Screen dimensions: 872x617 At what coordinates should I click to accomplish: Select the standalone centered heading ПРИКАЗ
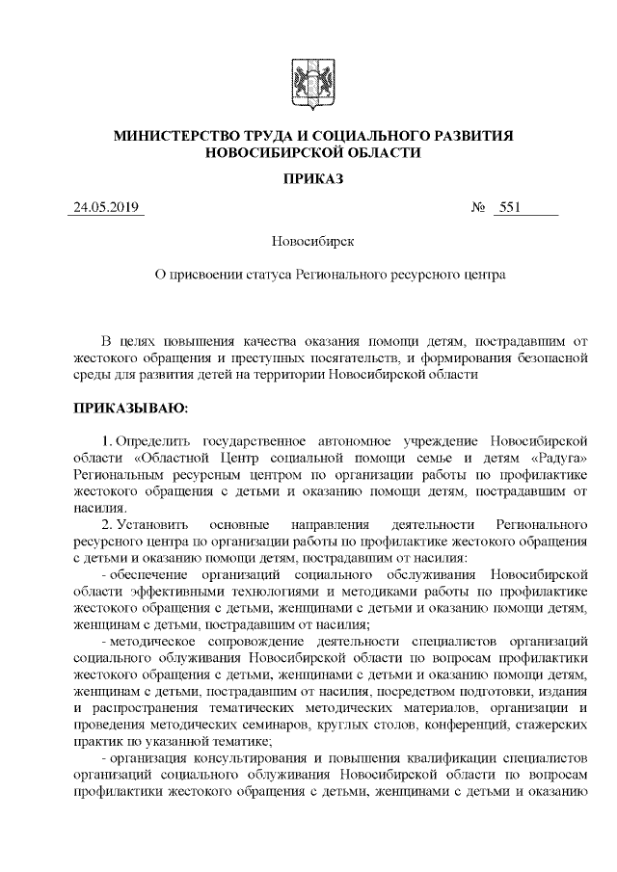[312, 179]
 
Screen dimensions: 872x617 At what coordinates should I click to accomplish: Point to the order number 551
[511, 208]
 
